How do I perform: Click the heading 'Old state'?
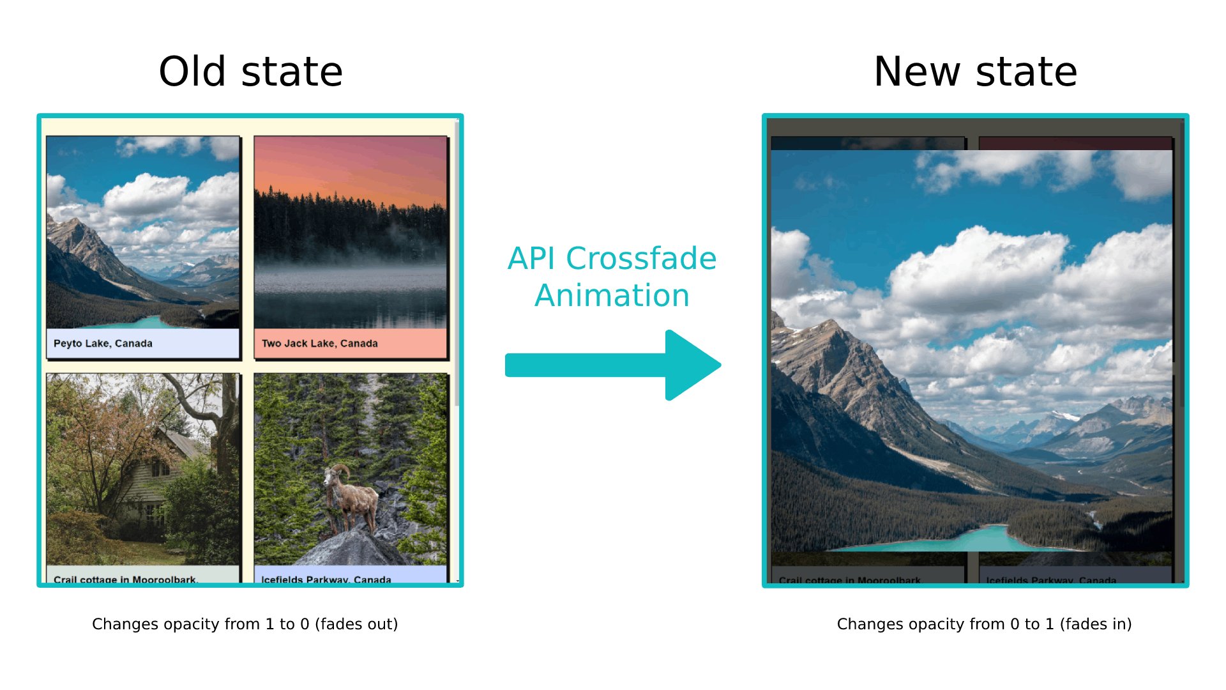(x=250, y=72)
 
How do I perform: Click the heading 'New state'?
(x=975, y=72)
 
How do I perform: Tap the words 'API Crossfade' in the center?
(x=612, y=259)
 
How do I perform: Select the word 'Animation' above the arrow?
(x=612, y=296)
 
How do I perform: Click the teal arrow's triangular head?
(x=690, y=365)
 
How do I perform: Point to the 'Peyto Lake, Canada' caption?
(x=103, y=344)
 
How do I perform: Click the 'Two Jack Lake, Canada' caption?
(x=320, y=344)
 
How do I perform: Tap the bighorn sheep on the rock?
(x=348, y=495)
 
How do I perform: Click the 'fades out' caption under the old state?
(x=245, y=624)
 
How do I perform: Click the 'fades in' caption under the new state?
(x=984, y=624)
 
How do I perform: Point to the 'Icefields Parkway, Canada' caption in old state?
(x=326, y=579)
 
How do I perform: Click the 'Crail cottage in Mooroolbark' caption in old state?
(x=125, y=579)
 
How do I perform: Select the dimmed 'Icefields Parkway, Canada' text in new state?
(x=1051, y=580)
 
